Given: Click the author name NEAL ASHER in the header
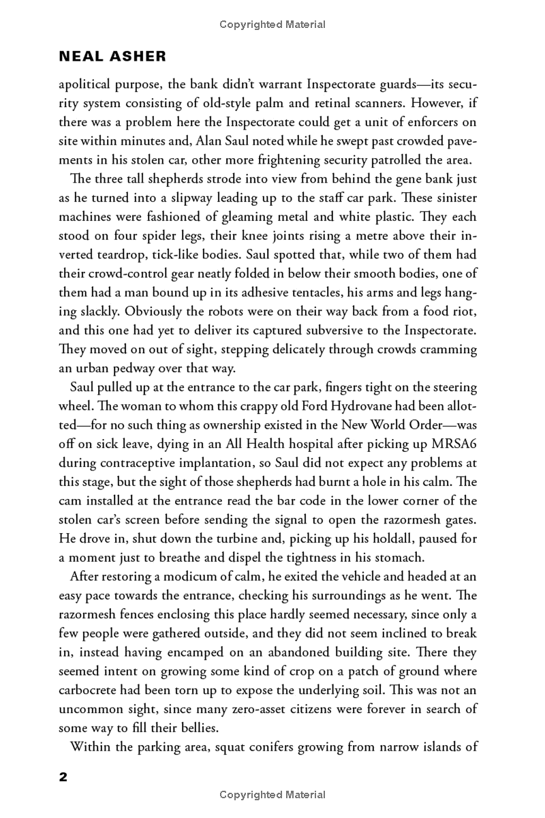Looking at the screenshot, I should pos(113,57).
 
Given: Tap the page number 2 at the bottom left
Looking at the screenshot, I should pos(63,777).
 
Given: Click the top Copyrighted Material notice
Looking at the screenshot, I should pos(272,25).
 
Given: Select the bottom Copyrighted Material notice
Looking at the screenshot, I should pos(272,795).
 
